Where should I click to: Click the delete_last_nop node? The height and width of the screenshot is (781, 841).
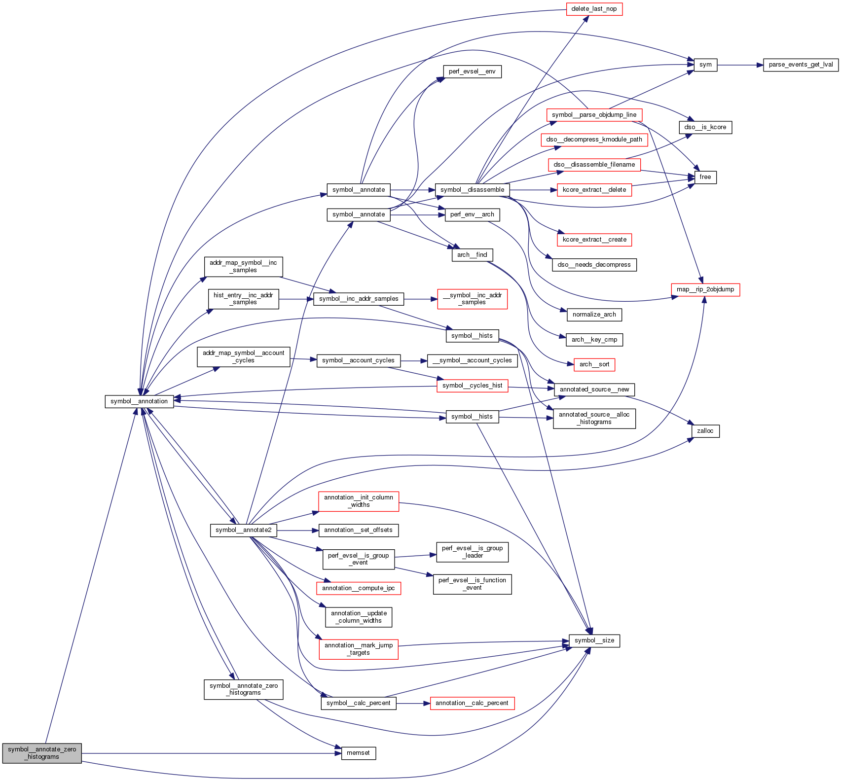pyautogui.click(x=594, y=9)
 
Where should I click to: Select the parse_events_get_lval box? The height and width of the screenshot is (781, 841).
pyautogui.click(x=801, y=65)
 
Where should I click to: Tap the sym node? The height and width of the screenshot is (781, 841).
pyautogui.click(x=705, y=65)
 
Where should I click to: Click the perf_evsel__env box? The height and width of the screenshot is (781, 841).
pyautogui.click(x=472, y=71)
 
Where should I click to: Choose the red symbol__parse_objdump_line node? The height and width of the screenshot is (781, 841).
pyautogui.click(x=594, y=115)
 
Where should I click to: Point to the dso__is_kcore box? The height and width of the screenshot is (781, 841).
pyautogui.click(x=705, y=127)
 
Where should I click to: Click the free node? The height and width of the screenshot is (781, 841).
pyautogui.click(x=705, y=177)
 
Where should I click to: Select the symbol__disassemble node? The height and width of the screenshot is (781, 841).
pyautogui.click(x=472, y=190)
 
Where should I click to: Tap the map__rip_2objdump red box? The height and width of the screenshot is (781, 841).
pyautogui.click(x=705, y=289)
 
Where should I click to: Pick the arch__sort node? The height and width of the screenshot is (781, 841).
pyautogui.click(x=594, y=364)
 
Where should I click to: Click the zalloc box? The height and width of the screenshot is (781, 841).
pyautogui.click(x=705, y=431)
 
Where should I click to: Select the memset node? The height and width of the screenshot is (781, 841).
pyautogui.click(x=358, y=753)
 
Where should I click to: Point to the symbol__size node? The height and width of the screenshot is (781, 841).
pyautogui.click(x=594, y=640)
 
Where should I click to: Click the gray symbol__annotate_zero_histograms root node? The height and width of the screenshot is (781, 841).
pyautogui.click(x=42, y=753)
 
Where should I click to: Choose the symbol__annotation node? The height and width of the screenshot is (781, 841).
pyautogui.click(x=139, y=401)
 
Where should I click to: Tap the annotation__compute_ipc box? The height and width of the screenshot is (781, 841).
pyautogui.click(x=358, y=588)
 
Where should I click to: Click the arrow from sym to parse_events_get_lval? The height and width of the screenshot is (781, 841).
pyautogui.click(x=740, y=65)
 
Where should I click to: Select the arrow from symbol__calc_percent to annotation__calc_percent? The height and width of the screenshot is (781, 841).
pyautogui.click(x=413, y=703)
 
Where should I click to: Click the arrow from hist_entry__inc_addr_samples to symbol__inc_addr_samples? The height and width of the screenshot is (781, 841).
pyautogui.click(x=296, y=299)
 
